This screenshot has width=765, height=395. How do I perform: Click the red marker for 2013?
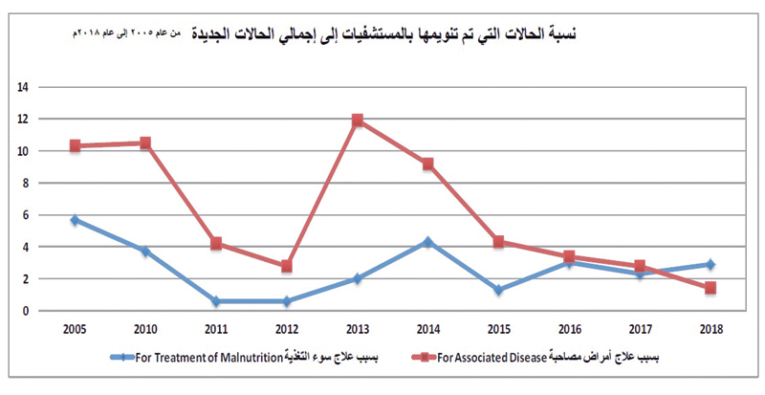click(357, 121)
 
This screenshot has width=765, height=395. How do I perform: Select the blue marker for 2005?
click(75, 220)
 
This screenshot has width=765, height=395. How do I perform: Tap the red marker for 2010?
click(144, 143)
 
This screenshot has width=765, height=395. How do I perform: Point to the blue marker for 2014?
click(427, 242)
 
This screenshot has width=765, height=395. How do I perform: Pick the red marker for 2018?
click(710, 288)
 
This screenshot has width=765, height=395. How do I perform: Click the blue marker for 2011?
click(215, 301)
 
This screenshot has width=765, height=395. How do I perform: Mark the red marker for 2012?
click(286, 267)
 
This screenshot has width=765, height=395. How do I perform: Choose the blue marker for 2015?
click(498, 290)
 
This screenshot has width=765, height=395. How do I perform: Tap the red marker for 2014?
click(427, 164)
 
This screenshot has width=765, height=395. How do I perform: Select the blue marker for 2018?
click(710, 264)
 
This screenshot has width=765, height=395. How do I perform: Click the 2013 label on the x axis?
click(357, 328)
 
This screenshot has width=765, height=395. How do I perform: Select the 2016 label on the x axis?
click(569, 328)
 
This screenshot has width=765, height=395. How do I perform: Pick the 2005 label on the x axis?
click(75, 328)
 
